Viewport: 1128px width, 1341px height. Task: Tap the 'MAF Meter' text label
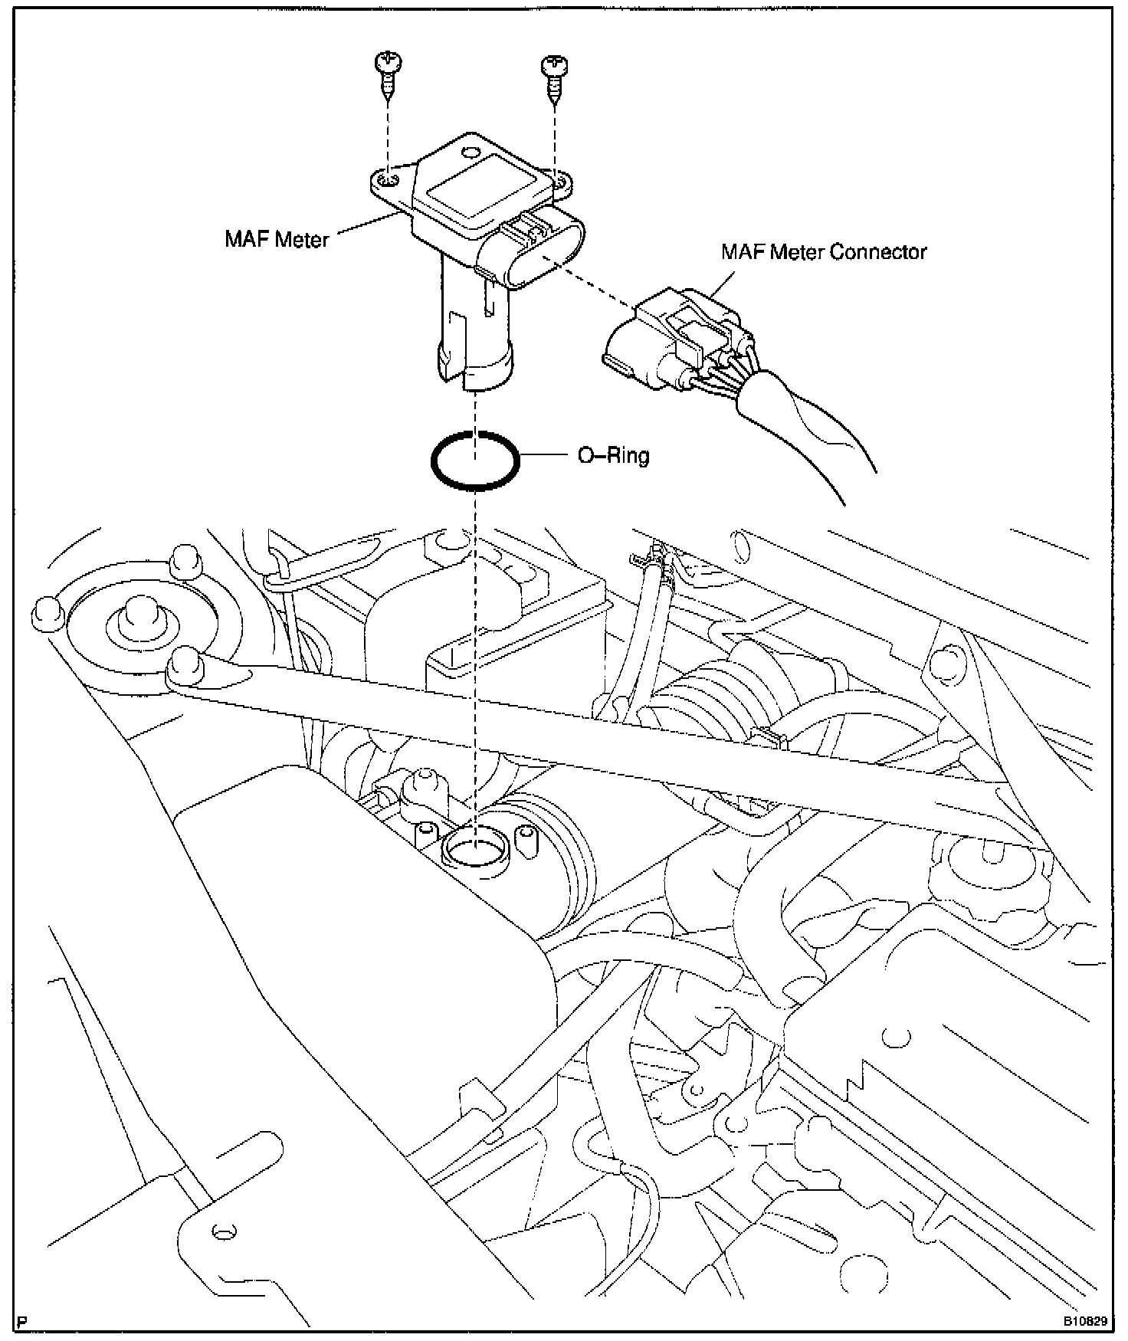pos(276,239)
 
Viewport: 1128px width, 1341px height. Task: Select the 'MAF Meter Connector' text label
pos(824,252)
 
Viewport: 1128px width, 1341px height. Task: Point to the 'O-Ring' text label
pos(612,456)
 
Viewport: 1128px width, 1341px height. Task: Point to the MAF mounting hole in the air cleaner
pos(474,848)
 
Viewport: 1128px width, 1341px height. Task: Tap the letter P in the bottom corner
pos(21,1322)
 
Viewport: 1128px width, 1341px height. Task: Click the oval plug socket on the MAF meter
pos(536,249)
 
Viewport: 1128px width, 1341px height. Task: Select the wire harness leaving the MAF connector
pos(812,429)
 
